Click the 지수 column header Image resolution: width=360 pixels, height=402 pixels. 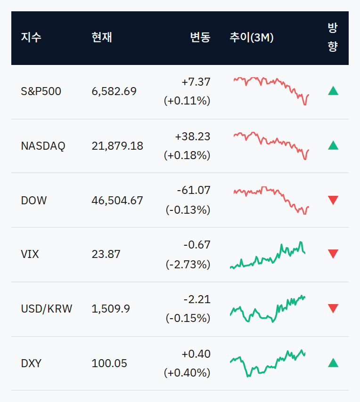[x=31, y=38]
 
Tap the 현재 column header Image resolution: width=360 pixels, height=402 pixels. [x=102, y=38]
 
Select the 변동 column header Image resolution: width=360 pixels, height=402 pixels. [x=200, y=38]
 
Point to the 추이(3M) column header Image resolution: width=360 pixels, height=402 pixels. [x=252, y=38]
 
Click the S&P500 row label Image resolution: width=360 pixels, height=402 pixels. [x=41, y=91]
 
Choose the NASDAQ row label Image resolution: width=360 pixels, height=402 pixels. [x=43, y=146]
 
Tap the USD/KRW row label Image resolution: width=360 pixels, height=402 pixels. [x=47, y=309]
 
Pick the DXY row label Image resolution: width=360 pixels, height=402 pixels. [x=31, y=363]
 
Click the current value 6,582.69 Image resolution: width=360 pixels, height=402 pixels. [x=114, y=91]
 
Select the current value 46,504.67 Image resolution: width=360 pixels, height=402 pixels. [x=117, y=201]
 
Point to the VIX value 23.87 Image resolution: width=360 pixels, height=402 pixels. [x=106, y=254]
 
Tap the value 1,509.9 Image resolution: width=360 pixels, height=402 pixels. [x=111, y=309]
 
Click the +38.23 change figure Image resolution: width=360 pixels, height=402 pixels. [x=192, y=137]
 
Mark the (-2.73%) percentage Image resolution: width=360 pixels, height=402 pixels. [x=188, y=265]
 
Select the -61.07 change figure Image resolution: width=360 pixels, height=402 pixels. [x=194, y=190]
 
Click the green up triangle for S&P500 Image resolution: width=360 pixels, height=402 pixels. [x=333, y=91]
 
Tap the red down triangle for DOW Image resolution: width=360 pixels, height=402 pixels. [x=333, y=200]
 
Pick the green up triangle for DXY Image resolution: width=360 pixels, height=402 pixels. [x=333, y=363]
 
